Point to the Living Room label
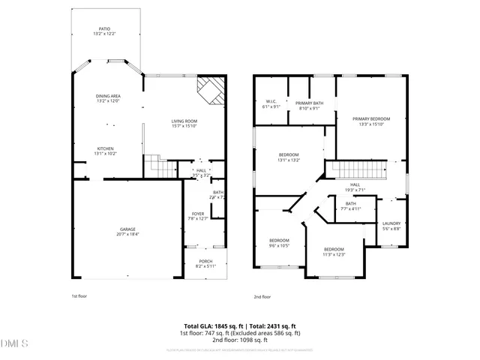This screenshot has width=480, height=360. (184, 123)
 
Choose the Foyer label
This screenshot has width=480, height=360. (197, 216)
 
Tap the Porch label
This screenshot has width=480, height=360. (205, 263)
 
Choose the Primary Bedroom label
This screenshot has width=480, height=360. (370, 121)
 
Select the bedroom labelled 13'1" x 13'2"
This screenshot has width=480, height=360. (289, 157)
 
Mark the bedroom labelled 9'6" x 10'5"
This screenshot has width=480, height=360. (280, 243)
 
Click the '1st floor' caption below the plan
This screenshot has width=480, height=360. (79, 296)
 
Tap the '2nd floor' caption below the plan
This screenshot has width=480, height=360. (262, 296)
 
